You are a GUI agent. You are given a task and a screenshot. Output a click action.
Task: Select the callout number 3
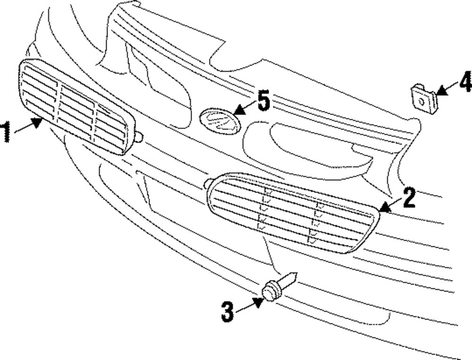click(228, 311)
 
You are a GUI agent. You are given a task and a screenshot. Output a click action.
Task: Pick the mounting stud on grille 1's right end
click(139, 137)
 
